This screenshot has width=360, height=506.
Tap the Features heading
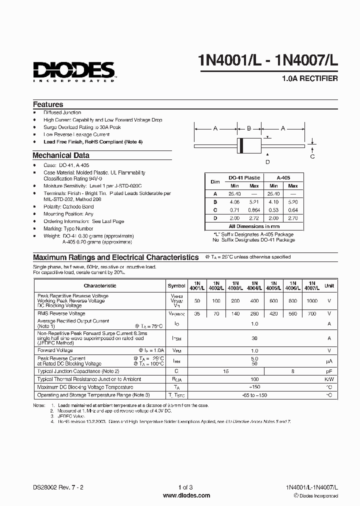(48, 104)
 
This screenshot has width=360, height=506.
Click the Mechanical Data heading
(61, 155)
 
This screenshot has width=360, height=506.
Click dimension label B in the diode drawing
(248, 128)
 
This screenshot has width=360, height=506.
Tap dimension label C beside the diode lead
(312, 156)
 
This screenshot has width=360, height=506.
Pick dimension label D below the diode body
(267, 161)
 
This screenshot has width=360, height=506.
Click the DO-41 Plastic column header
(244, 177)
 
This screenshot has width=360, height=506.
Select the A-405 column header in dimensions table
(283, 177)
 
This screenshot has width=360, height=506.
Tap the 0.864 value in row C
(254, 209)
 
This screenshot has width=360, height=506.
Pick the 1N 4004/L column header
(254, 285)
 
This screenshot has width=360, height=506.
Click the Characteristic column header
(100, 286)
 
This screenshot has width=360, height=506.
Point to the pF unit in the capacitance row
(329, 371)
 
